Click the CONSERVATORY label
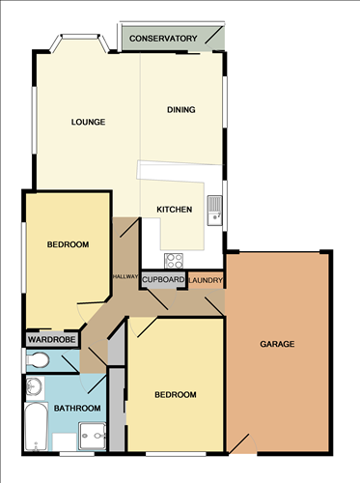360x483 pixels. tap(163, 39)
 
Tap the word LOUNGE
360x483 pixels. tap(88, 122)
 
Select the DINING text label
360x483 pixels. tap(180, 109)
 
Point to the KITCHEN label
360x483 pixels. tap(175, 210)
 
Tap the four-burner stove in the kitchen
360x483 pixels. tap(175, 259)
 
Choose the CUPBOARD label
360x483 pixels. tap(163, 280)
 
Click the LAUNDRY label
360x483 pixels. tap(207, 281)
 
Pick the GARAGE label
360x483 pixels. tap(276, 344)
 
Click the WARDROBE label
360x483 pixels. tap(45, 340)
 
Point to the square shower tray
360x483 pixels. tap(93, 437)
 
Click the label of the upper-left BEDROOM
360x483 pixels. tap(68, 245)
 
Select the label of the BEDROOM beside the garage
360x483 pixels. tap(175, 395)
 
